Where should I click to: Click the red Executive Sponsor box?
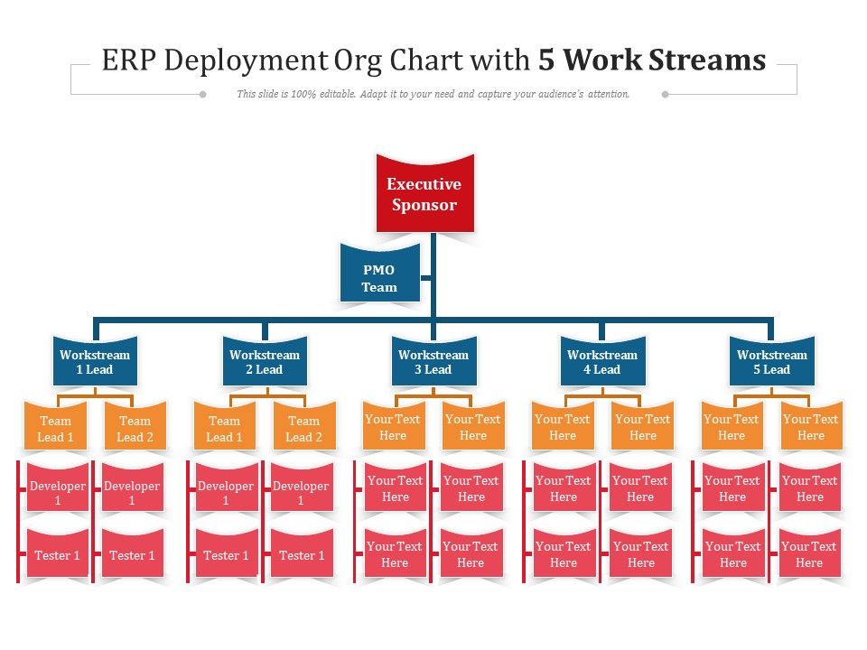[x=424, y=194]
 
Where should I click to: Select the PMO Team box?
[x=379, y=278]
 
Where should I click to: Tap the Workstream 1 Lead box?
[x=95, y=362]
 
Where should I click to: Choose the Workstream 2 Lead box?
[x=264, y=362]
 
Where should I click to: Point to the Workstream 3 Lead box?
[x=433, y=362]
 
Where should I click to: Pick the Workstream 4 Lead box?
[x=602, y=362]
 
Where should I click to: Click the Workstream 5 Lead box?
[x=771, y=362]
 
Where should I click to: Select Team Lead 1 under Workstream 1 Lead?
[x=55, y=429]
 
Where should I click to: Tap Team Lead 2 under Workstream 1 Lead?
[x=135, y=429]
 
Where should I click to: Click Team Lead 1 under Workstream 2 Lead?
[x=224, y=429]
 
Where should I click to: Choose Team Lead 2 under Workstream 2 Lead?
[x=303, y=429]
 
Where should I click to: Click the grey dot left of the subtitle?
[x=202, y=94]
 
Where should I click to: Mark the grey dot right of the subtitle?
[x=666, y=94]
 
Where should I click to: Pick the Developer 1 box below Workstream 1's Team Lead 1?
[x=58, y=493]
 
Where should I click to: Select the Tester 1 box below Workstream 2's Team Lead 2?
[x=302, y=555]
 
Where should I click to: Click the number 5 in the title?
[x=546, y=60]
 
